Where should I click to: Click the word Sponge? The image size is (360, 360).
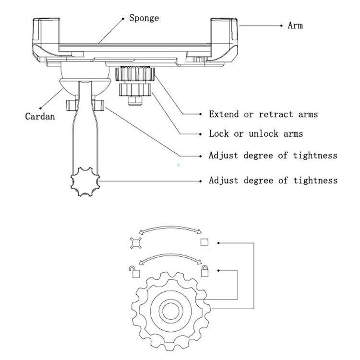tap(144, 19)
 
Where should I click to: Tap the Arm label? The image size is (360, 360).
tap(295, 25)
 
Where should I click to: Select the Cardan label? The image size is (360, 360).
tap(40, 116)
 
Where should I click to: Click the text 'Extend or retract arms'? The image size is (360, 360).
tap(263, 114)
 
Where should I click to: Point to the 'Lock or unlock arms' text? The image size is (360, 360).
tap(256, 134)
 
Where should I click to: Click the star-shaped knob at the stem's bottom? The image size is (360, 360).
tap(85, 181)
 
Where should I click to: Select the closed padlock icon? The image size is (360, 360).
tap(205, 271)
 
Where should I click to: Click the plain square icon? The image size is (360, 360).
tap(204, 242)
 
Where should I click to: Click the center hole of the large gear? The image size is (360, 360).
tap(169, 312)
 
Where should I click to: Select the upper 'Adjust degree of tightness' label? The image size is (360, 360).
tap(273, 156)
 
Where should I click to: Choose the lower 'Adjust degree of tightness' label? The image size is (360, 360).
tap(273, 180)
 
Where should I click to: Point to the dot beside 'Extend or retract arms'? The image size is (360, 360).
tap(200, 114)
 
